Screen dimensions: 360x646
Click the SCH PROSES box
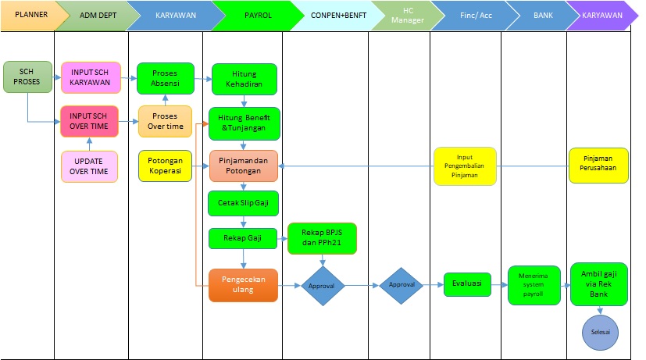[x=27, y=77]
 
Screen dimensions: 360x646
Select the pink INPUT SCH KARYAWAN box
[x=90, y=78]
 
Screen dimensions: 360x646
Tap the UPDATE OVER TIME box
[x=90, y=166]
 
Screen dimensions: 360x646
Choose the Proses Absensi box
[x=165, y=78]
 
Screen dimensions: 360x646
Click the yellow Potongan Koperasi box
[x=165, y=166]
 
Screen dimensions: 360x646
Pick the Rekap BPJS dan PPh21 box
[x=323, y=238]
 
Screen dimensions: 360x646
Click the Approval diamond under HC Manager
[x=401, y=286]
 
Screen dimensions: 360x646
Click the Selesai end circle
[x=600, y=332]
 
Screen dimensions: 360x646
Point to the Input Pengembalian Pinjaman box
[x=465, y=166]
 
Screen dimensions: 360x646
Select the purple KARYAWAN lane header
[x=602, y=15]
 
